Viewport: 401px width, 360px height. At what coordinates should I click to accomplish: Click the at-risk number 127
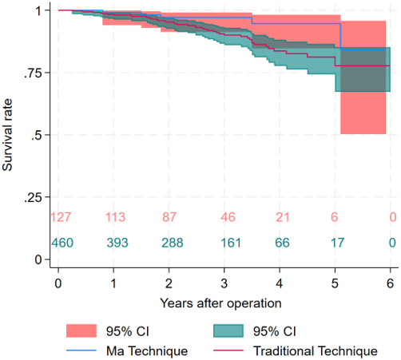(61, 217)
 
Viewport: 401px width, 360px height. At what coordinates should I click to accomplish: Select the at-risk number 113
(115, 217)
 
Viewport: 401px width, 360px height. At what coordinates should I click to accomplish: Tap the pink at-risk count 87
(169, 217)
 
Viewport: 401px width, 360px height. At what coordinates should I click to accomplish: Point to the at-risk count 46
(228, 217)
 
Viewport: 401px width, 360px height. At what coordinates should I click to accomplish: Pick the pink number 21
(282, 217)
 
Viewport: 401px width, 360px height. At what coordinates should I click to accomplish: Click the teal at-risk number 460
(62, 243)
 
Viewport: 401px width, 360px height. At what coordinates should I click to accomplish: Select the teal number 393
(117, 243)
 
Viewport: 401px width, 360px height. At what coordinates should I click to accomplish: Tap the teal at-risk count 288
(173, 243)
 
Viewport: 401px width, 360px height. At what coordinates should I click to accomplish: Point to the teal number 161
(231, 243)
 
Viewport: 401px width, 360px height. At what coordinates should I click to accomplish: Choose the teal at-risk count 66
(282, 243)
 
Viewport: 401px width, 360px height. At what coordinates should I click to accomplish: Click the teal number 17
(337, 243)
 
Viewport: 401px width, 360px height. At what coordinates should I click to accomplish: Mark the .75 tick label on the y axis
(33, 73)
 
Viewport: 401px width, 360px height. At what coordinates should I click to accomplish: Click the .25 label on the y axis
(33, 197)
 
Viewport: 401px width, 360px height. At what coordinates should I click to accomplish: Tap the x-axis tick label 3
(224, 283)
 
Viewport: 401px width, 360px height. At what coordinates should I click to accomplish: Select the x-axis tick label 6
(390, 283)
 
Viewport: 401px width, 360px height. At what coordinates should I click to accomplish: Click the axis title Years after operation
(220, 303)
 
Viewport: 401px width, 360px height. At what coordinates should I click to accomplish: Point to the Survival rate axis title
(7, 135)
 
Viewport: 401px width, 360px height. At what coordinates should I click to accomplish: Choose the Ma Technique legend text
(147, 351)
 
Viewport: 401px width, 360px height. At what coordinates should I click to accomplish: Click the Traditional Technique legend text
(316, 351)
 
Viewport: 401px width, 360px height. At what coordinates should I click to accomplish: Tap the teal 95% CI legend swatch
(228, 331)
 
